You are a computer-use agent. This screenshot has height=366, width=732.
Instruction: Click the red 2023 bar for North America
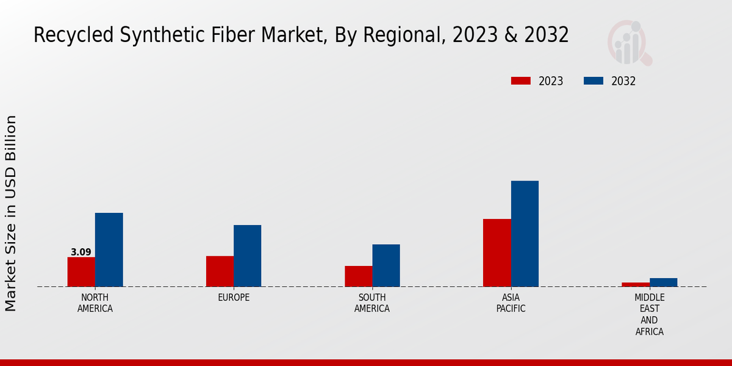pyautogui.click(x=81, y=271)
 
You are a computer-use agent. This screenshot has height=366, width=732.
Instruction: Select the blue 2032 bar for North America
pyautogui.click(x=109, y=249)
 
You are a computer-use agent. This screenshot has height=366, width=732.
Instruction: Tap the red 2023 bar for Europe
pyautogui.click(x=220, y=271)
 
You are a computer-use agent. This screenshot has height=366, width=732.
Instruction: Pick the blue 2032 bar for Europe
pyautogui.click(x=247, y=256)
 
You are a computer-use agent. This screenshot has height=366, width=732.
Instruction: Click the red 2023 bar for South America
pyautogui.click(x=358, y=276)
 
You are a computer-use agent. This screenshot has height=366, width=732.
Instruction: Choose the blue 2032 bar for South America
pyautogui.click(x=386, y=265)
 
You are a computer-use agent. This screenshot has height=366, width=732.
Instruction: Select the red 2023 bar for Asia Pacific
pyautogui.click(x=497, y=253)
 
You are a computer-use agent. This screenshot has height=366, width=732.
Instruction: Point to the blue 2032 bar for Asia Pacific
pyautogui.click(x=525, y=234)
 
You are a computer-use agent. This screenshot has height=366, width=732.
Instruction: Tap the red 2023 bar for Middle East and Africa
pyautogui.click(x=636, y=284)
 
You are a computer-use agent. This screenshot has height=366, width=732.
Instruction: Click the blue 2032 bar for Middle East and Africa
pyautogui.click(x=663, y=282)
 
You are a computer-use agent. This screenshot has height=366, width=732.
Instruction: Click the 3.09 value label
pyautogui.click(x=81, y=252)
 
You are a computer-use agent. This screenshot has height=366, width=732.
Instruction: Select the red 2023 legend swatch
pyautogui.click(x=520, y=81)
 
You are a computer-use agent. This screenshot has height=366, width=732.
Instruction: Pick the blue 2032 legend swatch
pyautogui.click(x=594, y=81)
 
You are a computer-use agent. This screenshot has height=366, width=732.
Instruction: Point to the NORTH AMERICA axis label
pyautogui.click(x=95, y=303)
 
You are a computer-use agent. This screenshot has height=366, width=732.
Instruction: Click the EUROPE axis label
pyautogui.click(x=234, y=298)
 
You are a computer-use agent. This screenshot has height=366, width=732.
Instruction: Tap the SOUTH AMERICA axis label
pyautogui.click(x=372, y=303)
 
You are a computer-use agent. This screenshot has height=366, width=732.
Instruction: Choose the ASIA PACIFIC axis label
pyautogui.click(x=511, y=303)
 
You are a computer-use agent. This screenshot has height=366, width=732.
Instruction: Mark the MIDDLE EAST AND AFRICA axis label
pyautogui.click(x=650, y=314)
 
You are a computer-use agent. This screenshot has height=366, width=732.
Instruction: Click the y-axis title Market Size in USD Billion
pyautogui.click(x=11, y=213)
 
